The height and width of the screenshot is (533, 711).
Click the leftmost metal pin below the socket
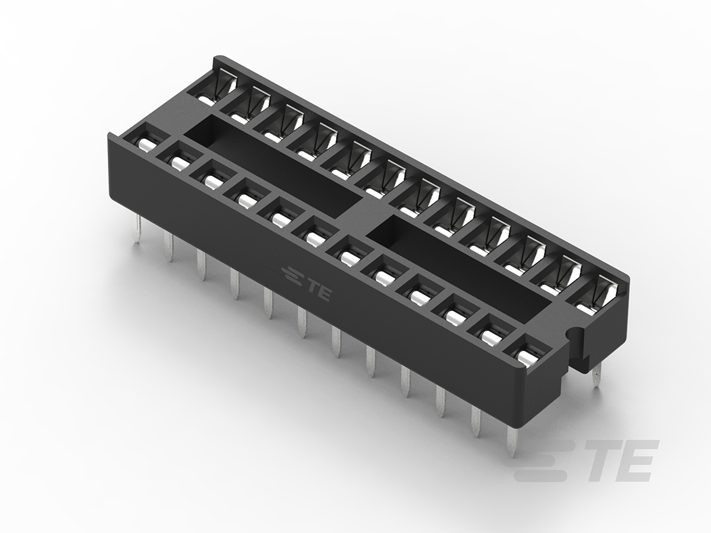[137, 230]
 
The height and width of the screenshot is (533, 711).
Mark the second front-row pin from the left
[169, 246]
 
